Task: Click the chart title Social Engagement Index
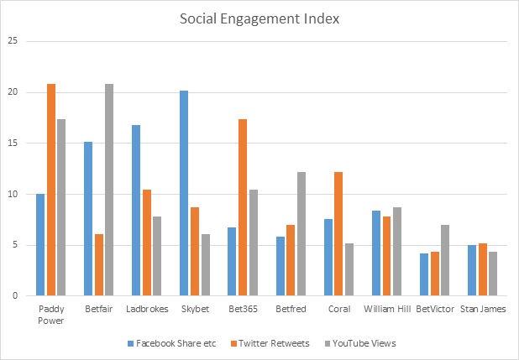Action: tap(259, 18)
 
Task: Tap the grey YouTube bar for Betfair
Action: tap(108, 190)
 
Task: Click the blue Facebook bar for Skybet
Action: tap(184, 193)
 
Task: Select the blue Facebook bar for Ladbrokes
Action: tap(136, 210)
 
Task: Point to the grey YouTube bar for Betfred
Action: tap(300, 234)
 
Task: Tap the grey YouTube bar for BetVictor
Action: tap(444, 260)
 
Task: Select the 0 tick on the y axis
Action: tap(13, 296)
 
